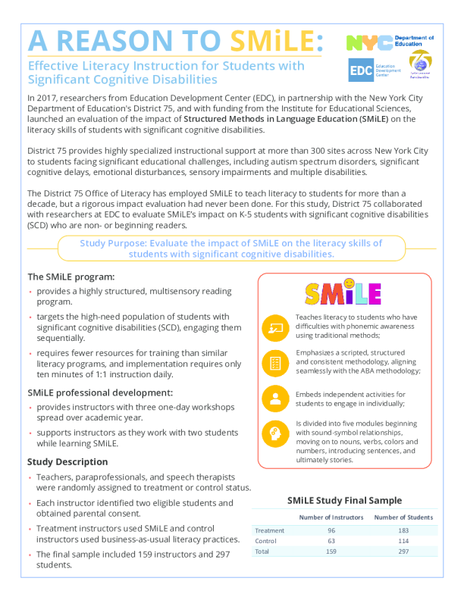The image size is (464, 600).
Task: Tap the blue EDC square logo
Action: [360, 70]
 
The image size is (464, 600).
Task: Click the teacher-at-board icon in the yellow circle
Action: [274, 329]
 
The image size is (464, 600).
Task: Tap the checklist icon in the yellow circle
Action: [274, 363]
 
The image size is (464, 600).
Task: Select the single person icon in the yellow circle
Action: [274, 398]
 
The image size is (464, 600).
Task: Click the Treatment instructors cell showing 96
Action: [331, 530]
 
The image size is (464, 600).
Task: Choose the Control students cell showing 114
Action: [403, 542]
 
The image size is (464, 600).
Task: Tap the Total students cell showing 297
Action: [403, 552]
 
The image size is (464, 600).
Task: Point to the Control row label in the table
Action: [267, 542]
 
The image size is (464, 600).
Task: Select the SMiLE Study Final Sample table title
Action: [345, 500]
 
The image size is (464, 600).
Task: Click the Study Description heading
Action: [67, 461]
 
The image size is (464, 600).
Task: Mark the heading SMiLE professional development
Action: [101, 392]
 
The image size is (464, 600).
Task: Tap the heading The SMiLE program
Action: [71, 277]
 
